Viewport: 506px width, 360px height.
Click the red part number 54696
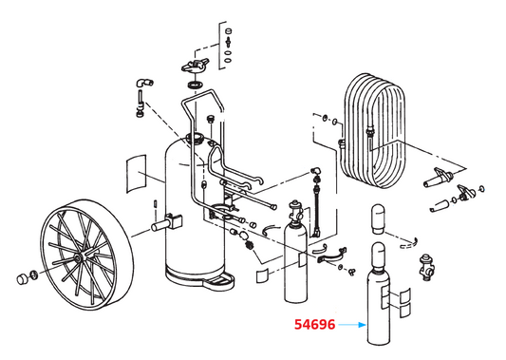pyautogui.click(x=314, y=325)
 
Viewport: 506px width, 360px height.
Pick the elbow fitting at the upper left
pyautogui.click(x=140, y=85)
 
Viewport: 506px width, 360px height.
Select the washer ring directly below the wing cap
pyautogui.click(x=194, y=87)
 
